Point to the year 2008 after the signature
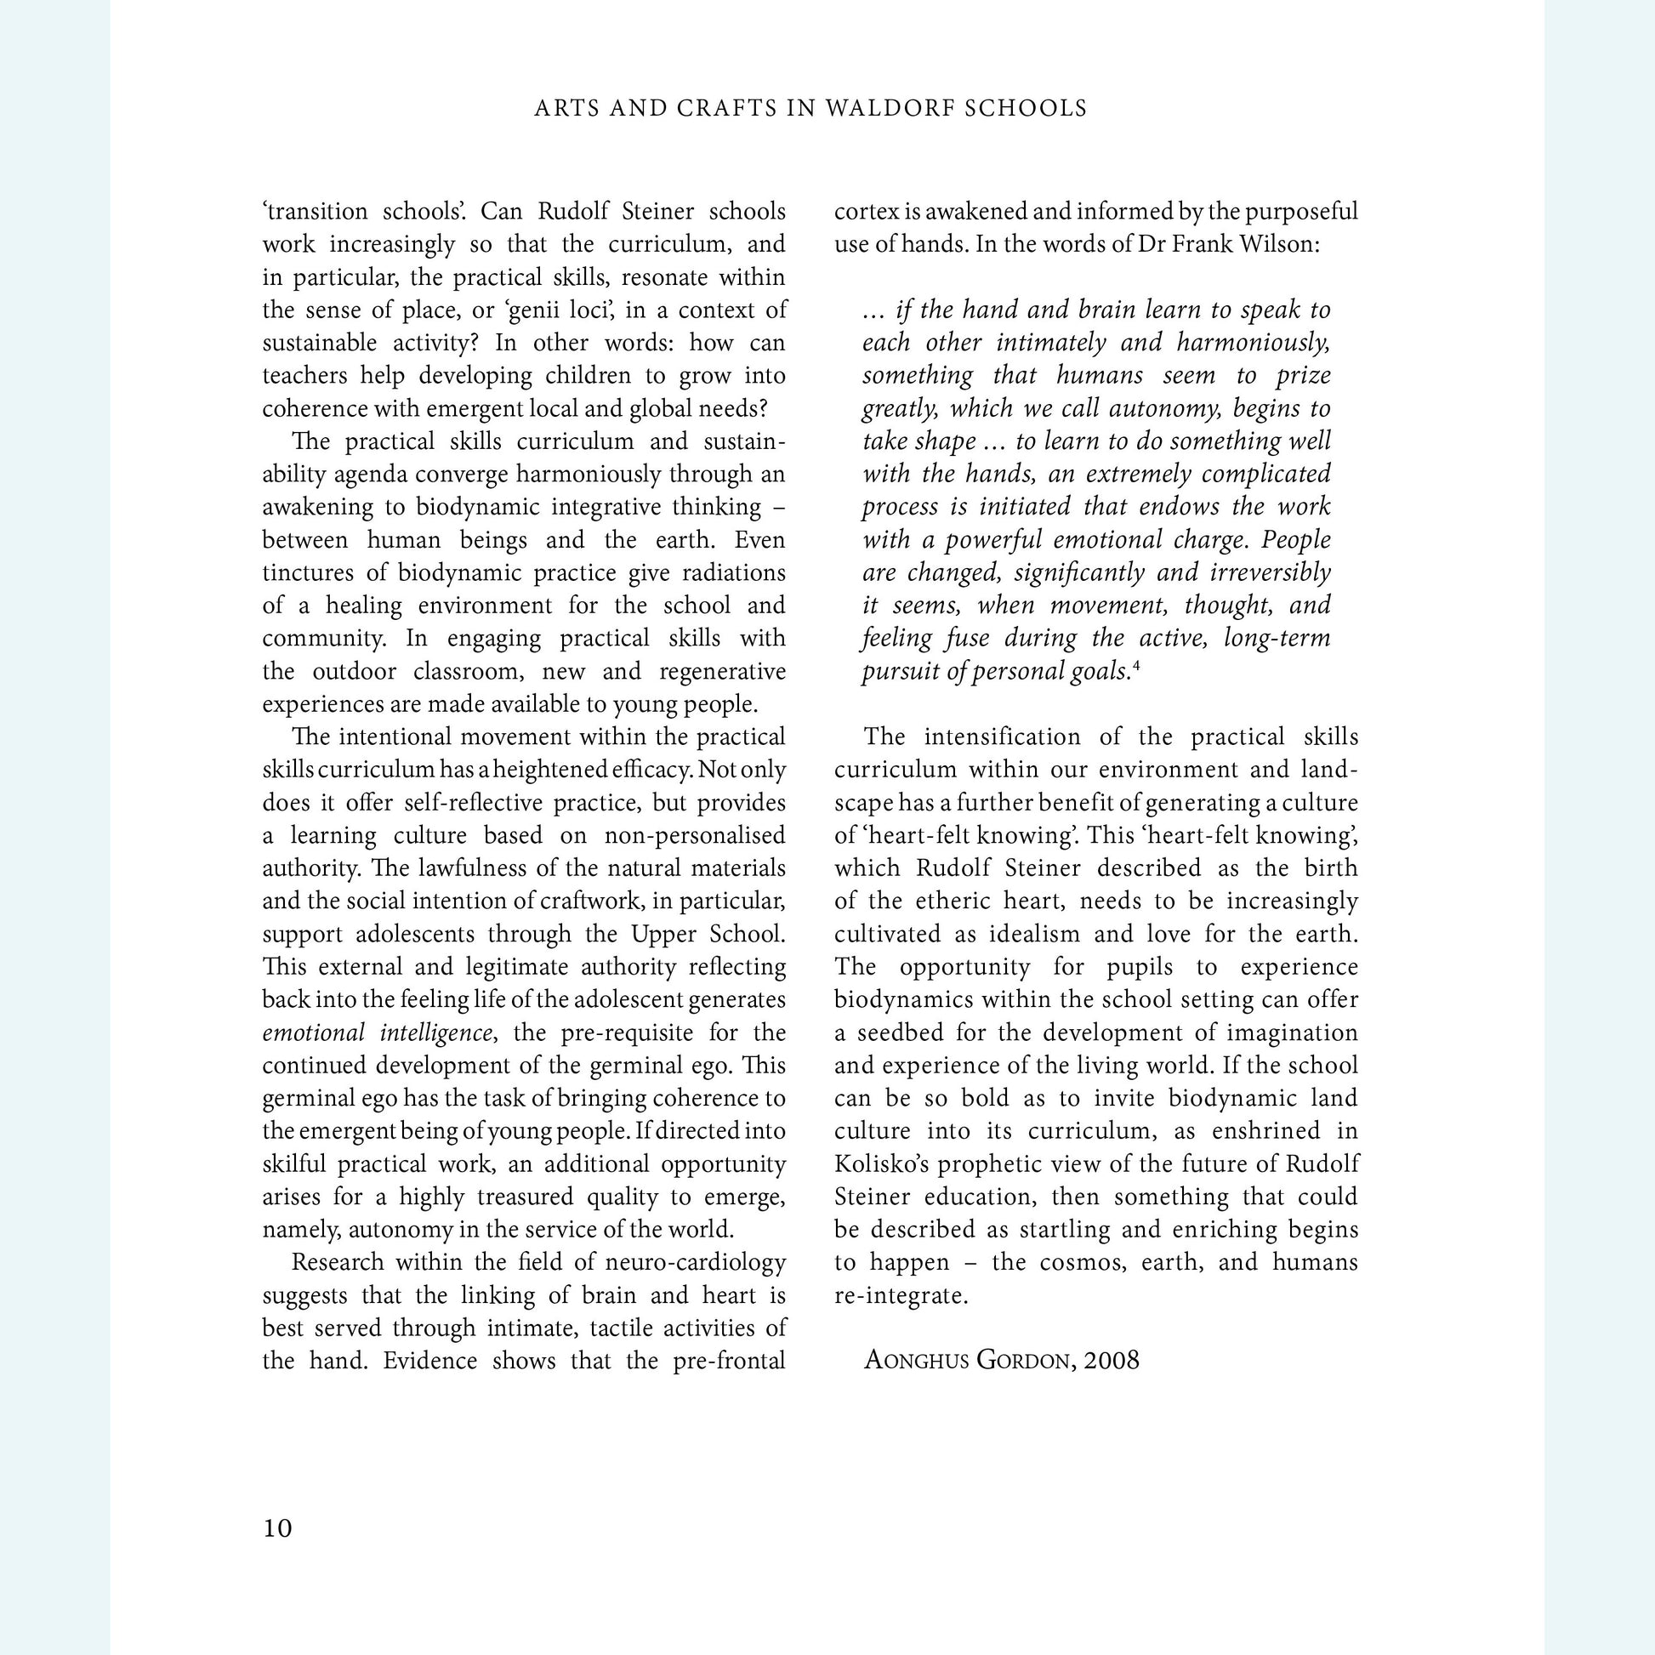tap(1111, 1361)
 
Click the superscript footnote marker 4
tap(1136, 665)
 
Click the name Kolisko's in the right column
tap(881, 1164)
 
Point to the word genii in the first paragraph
tap(531, 310)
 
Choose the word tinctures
tap(299, 572)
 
